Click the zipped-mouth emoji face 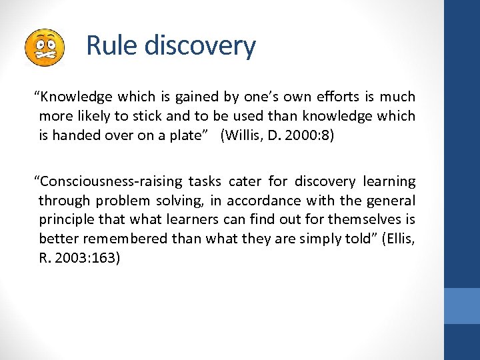tap(44, 47)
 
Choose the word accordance tap(263, 201)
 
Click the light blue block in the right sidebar tap(462, 305)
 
